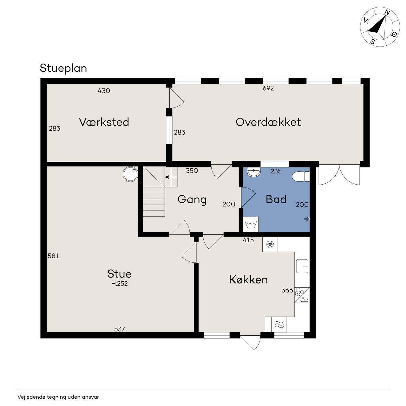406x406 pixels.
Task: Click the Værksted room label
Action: pyautogui.click(x=104, y=122)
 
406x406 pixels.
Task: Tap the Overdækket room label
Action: pyautogui.click(x=268, y=122)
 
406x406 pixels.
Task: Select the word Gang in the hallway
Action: pyautogui.click(x=192, y=200)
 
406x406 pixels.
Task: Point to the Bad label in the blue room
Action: pyautogui.click(x=276, y=199)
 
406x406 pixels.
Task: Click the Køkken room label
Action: pyautogui.click(x=248, y=279)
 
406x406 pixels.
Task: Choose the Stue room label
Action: pyautogui.click(x=119, y=274)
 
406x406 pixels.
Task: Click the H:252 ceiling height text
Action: pyautogui.click(x=120, y=284)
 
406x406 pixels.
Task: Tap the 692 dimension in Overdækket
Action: pyautogui.click(x=268, y=88)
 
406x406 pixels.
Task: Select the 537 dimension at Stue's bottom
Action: pyautogui.click(x=120, y=329)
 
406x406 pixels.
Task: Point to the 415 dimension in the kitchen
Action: pyautogui.click(x=248, y=240)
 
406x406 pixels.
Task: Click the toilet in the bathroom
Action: pyautogui.click(x=301, y=176)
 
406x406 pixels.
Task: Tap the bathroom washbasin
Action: pyautogui.click(x=254, y=172)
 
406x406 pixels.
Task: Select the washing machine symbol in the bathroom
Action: pyautogui.click(x=251, y=224)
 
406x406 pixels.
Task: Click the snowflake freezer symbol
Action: pyautogui.click(x=270, y=244)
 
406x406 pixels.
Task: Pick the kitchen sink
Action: pyautogui.click(x=302, y=266)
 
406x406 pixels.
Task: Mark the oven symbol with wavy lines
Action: pyautogui.click(x=279, y=324)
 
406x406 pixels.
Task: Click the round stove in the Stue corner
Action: pyautogui.click(x=130, y=174)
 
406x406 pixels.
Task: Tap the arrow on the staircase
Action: pyautogui.click(x=171, y=177)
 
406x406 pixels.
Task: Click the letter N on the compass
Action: pyautogui.click(x=387, y=13)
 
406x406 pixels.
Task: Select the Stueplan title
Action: pyautogui.click(x=63, y=68)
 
